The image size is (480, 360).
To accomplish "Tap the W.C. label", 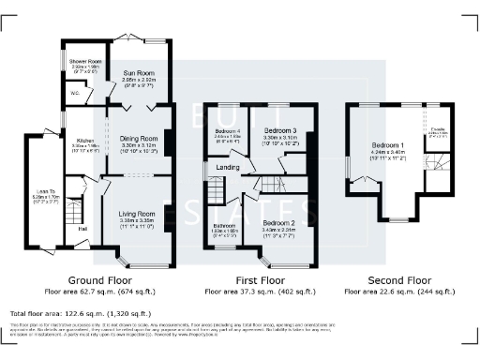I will [x=76, y=92].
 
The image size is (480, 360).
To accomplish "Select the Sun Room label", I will [x=138, y=71].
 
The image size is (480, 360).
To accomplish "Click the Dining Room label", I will [x=140, y=138].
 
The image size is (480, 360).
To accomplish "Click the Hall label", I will [x=82, y=228].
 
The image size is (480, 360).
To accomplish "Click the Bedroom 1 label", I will [x=386, y=147].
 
